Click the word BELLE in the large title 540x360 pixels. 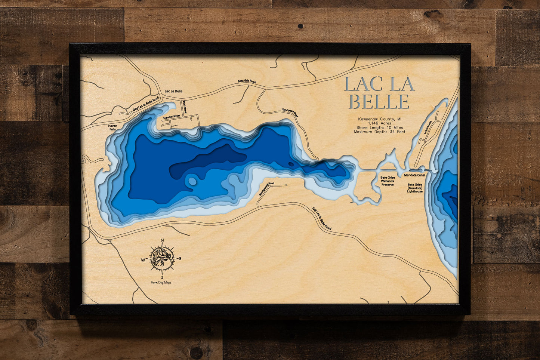[379, 102]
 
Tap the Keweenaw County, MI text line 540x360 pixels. [380, 119]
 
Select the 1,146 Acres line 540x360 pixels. [380, 123]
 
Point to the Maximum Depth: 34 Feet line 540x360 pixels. [380, 132]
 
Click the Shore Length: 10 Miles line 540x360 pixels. [380, 127]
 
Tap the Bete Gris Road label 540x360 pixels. [247, 81]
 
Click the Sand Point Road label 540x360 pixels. [290, 113]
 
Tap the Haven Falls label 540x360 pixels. [112, 128]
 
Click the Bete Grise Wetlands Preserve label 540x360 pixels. [388, 181]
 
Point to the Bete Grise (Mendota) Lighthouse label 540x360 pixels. [415, 188]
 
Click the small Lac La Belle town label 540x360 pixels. [173, 91]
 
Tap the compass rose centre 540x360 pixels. [162, 258]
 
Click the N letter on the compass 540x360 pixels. [162, 240]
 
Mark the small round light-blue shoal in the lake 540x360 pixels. [192, 181]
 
